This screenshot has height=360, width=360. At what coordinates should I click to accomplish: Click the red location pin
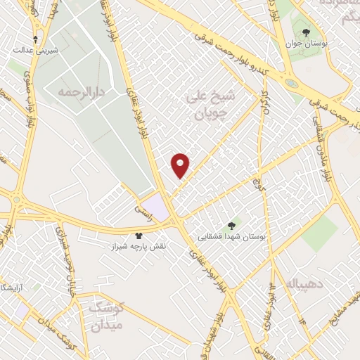(181, 165)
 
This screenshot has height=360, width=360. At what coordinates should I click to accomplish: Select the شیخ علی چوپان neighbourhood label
(206, 103)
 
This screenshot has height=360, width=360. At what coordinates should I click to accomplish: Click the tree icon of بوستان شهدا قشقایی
(232, 226)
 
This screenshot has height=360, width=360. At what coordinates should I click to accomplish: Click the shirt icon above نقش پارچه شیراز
(138, 236)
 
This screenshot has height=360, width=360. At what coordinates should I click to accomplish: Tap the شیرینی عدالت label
(35, 51)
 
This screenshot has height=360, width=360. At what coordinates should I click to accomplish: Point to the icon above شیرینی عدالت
(35, 39)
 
